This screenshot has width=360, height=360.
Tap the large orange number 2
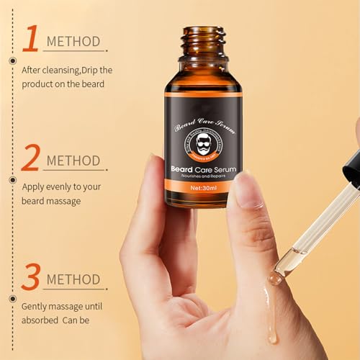coord(30,156)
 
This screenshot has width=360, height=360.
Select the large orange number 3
coord(30,276)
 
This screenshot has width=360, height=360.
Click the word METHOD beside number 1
coord(73,41)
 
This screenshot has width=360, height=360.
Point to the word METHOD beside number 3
coord(75,279)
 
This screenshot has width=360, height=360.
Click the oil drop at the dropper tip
coord(275,276)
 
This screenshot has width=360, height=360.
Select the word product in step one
coord(38,84)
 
